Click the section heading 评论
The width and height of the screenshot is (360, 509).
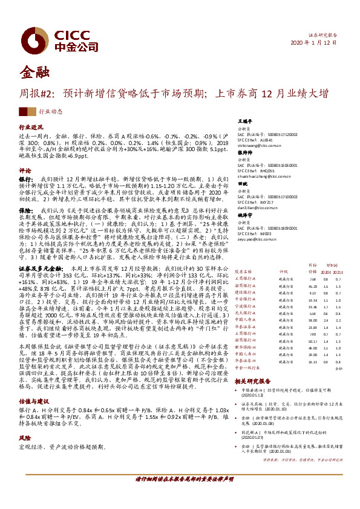pyautogui.click(x=25, y=170)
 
